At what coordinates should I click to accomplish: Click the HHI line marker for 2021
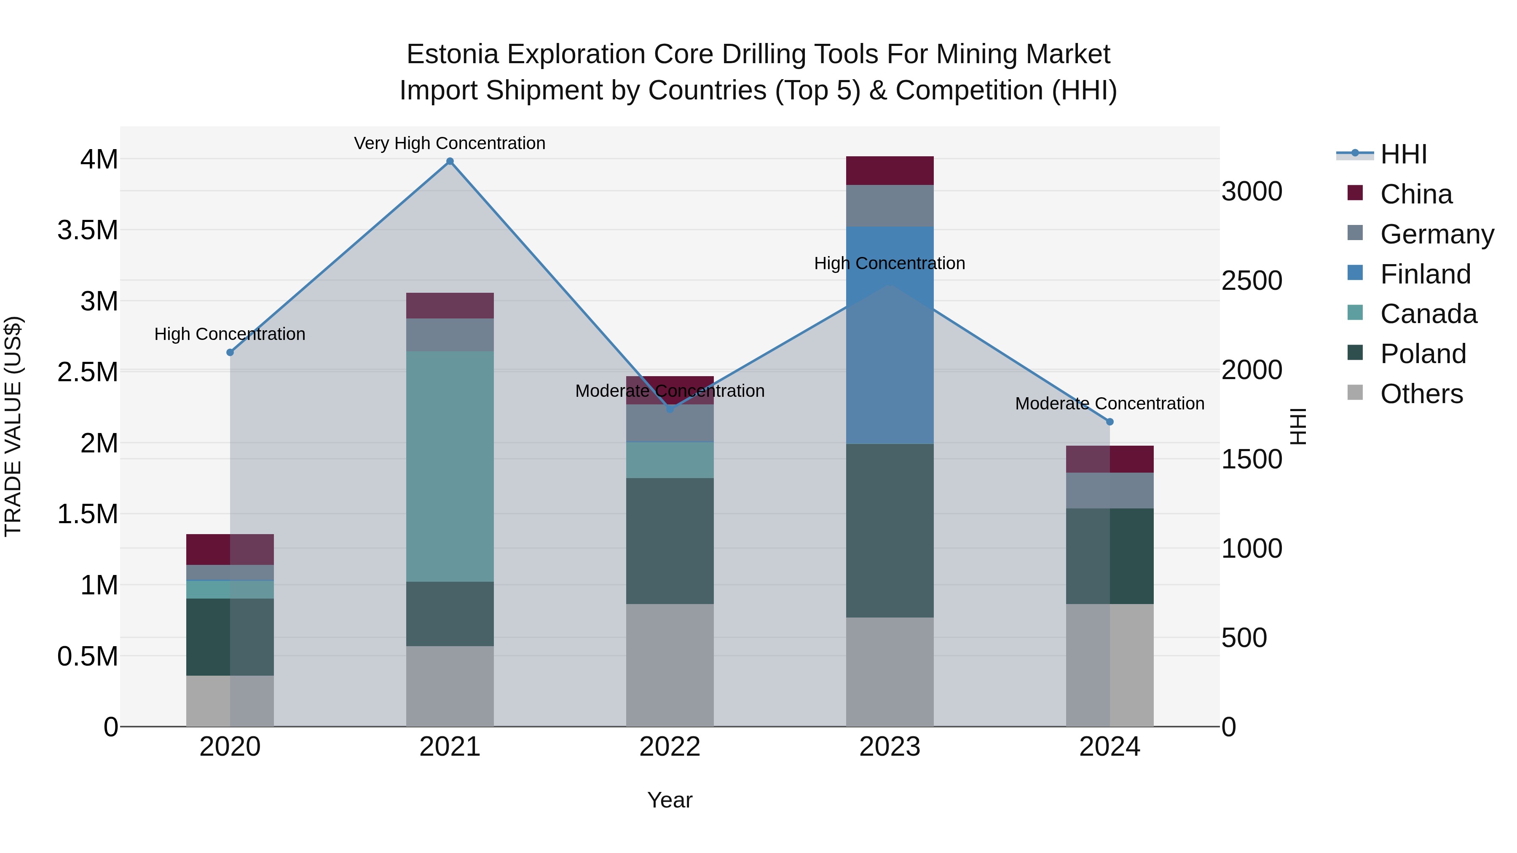pyautogui.click(x=450, y=161)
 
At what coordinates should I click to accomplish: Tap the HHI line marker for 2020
pyautogui.click(x=230, y=353)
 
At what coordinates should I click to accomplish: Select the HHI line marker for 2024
pyautogui.click(x=1110, y=422)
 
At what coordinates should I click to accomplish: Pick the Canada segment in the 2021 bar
pyautogui.click(x=450, y=466)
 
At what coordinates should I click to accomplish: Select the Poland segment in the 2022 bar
pyautogui.click(x=670, y=540)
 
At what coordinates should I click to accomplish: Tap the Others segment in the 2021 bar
pyautogui.click(x=450, y=686)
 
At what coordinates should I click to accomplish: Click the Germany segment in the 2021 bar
pyautogui.click(x=450, y=335)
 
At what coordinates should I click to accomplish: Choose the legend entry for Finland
pyautogui.click(x=1425, y=274)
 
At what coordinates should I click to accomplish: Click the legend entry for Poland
pyautogui.click(x=1423, y=354)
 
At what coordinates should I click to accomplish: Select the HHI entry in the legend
pyautogui.click(x=1403, y=154)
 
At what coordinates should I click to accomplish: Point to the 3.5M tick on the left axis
pyautogui.click(x=88, y=230)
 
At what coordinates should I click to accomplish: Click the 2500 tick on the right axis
pyautogui.click(x=1252, y=281)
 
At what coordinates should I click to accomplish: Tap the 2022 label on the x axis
pyautogui.click(x=670, y=747)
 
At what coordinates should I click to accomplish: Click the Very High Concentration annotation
pyautogui.click(x=450, y=143)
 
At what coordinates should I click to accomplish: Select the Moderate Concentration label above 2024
pyautogui.click(x=1110, y=404)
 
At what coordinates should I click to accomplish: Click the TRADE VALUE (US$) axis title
pyautogui.click(x=13, y=427)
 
